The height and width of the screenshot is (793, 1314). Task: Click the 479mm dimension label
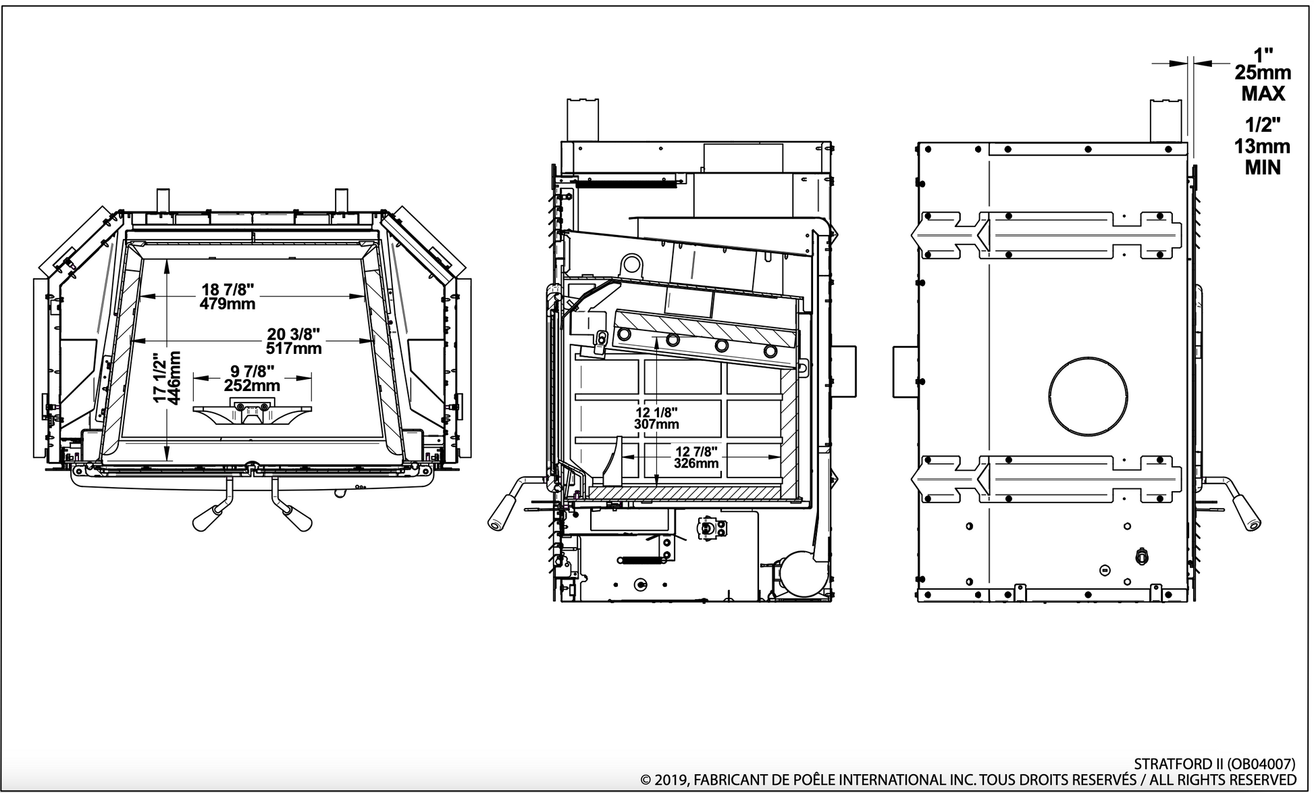point(228,304)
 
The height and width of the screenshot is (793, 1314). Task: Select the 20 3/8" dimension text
point(292,334)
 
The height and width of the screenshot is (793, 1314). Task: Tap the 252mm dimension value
point(252,386)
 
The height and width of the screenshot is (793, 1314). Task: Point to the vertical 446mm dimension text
point(174,377)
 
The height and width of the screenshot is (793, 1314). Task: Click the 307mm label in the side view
point(656,424)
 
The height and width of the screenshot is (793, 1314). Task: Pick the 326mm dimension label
point(696,463)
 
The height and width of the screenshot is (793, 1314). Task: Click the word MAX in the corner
point(1263,93)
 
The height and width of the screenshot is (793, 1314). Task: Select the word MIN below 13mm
point(1262,167)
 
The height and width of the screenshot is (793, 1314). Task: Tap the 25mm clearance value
point(1262,72)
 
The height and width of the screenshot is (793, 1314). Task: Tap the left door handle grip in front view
point(207,517)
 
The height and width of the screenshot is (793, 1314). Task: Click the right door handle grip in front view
point(297,517)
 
